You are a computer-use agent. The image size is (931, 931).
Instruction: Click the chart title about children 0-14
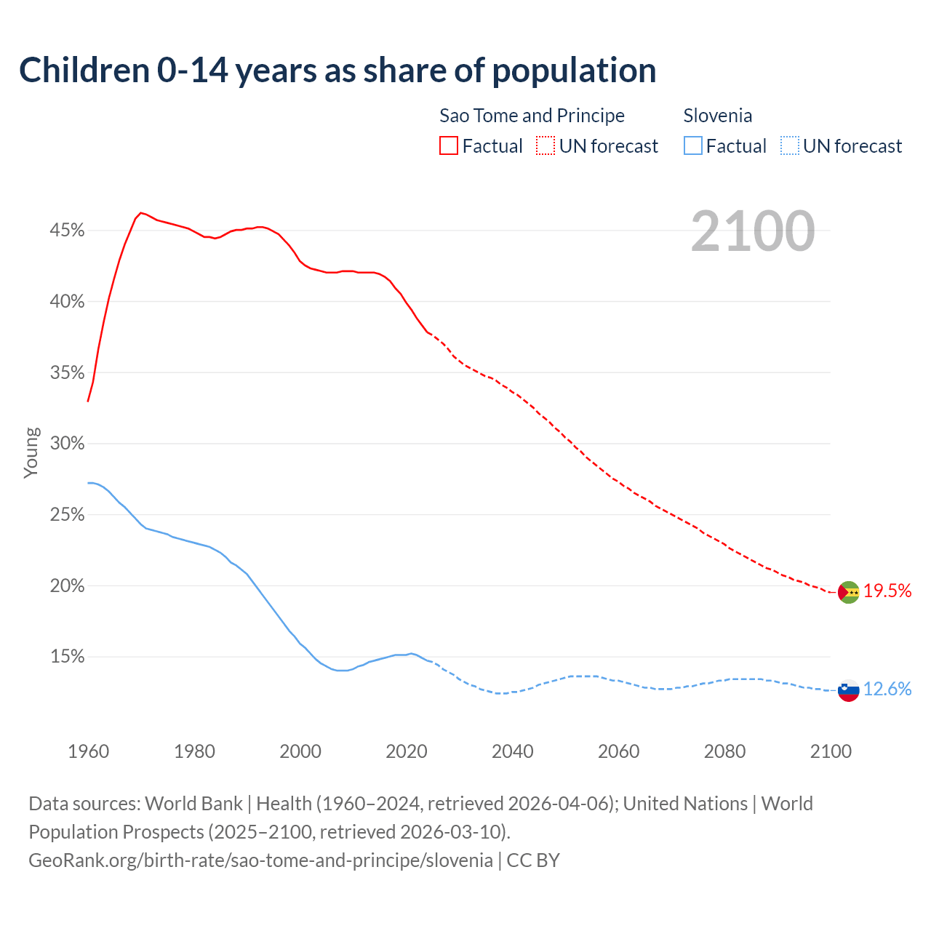337,71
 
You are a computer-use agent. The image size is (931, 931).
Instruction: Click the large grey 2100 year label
753,231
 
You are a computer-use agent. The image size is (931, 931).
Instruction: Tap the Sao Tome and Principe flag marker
848,592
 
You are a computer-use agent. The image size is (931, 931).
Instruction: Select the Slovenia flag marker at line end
848,690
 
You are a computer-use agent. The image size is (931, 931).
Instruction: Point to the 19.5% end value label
887,591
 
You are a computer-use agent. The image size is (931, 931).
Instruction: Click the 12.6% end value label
887,689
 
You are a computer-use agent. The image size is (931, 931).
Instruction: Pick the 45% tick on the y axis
67,231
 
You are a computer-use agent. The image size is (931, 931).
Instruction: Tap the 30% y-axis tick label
67,444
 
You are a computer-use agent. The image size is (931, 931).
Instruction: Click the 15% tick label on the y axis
67,657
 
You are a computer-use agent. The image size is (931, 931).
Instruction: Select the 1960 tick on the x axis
88,751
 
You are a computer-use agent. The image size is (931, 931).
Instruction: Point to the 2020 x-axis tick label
407,751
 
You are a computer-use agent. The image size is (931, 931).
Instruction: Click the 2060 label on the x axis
618,751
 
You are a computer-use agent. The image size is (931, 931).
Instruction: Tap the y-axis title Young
31,452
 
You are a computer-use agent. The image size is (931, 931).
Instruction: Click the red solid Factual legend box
449,146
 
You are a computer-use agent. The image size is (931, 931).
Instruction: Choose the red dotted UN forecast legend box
546,146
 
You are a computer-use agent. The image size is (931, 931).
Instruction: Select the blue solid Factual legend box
693,146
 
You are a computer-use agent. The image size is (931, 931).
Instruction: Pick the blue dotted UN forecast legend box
789,146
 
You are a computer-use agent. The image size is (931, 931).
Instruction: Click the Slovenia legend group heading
718,116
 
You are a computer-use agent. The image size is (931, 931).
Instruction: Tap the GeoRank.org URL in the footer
260,860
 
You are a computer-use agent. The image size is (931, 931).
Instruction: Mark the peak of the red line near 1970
140,212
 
